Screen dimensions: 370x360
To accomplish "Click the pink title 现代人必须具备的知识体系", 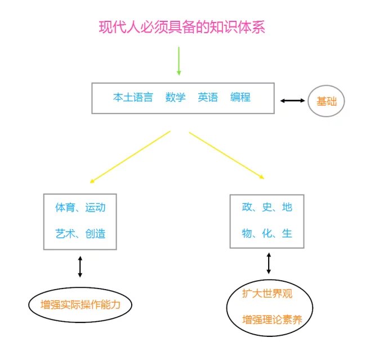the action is coord(182,27).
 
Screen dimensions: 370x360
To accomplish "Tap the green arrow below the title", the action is coord(179,61).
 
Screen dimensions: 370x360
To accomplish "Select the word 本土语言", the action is coord(133,97).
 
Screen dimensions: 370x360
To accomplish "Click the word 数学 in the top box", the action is coord(175,97).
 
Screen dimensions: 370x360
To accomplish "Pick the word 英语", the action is coord(208,97).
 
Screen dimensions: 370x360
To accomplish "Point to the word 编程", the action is coord(240,97).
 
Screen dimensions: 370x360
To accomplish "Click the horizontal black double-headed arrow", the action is coord(292,101).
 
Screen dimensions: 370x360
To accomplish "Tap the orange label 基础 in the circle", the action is coord(327,101).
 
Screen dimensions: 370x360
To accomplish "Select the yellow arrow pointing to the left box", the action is coord(130,157).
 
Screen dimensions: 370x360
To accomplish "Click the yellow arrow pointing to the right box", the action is coord(226,156).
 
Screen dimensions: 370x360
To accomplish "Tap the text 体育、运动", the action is coord(80,208).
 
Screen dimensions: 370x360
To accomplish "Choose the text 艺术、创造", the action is coord(80,233).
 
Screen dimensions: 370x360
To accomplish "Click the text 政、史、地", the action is coord(267,207).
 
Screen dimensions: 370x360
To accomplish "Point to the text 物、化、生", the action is coord(267,233).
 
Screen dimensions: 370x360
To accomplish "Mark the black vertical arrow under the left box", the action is coord(80,267).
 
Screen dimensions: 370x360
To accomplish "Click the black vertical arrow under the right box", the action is coord(269,263).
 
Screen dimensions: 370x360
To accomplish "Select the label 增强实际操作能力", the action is coord(80,304).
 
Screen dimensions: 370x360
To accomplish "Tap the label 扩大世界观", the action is coord(267,294).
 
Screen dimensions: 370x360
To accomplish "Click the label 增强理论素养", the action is coord(272,319).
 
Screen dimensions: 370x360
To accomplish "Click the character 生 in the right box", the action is coord(287,233).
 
